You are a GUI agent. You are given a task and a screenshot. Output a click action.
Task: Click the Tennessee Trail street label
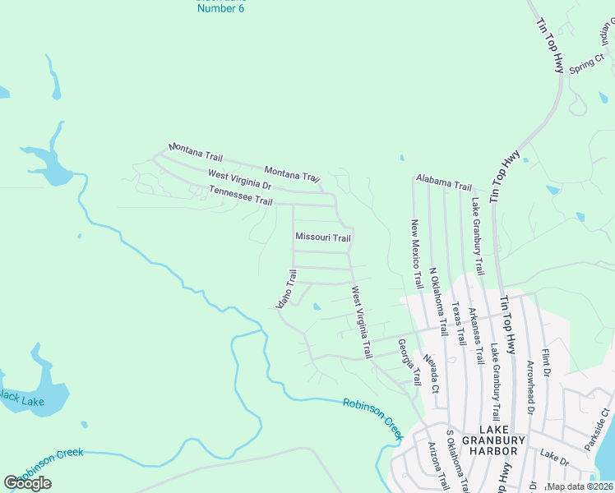pyautogui.click(x=240, y=196)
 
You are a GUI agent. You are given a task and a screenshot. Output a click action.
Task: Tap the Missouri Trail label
pyautogui.click(x=323, y=237)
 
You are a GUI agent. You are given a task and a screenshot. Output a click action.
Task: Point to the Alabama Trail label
pyautogui.click(x=443, y=182)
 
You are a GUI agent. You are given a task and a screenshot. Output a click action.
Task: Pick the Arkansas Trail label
pyautogui.click(x=474, y=336)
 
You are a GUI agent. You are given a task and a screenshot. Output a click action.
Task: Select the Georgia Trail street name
pyautogui.click(x=409, y=362)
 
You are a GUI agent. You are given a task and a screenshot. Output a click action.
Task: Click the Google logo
pyautogui.click(x=28, y=482)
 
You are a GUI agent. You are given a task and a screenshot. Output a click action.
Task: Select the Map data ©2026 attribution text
pyautogui.click(x=580, y=486)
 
